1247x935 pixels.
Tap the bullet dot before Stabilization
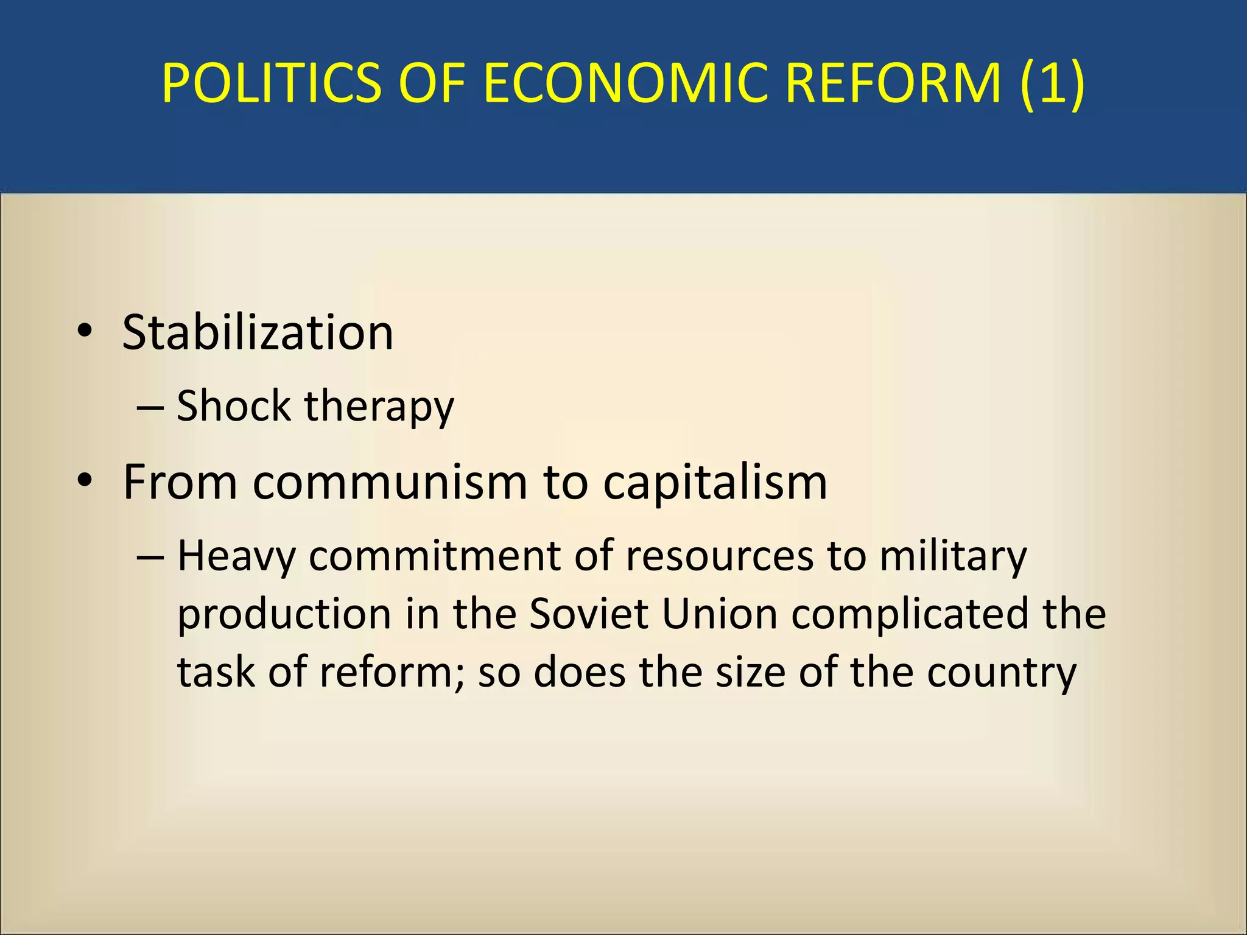pos(85,332)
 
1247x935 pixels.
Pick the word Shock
pos(234,405)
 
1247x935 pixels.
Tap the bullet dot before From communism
pos(85,481)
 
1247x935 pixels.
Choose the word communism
pos(390,482)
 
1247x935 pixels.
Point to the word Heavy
pos(236,556)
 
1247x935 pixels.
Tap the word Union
pos(720,614)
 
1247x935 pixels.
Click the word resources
pos(720,556)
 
